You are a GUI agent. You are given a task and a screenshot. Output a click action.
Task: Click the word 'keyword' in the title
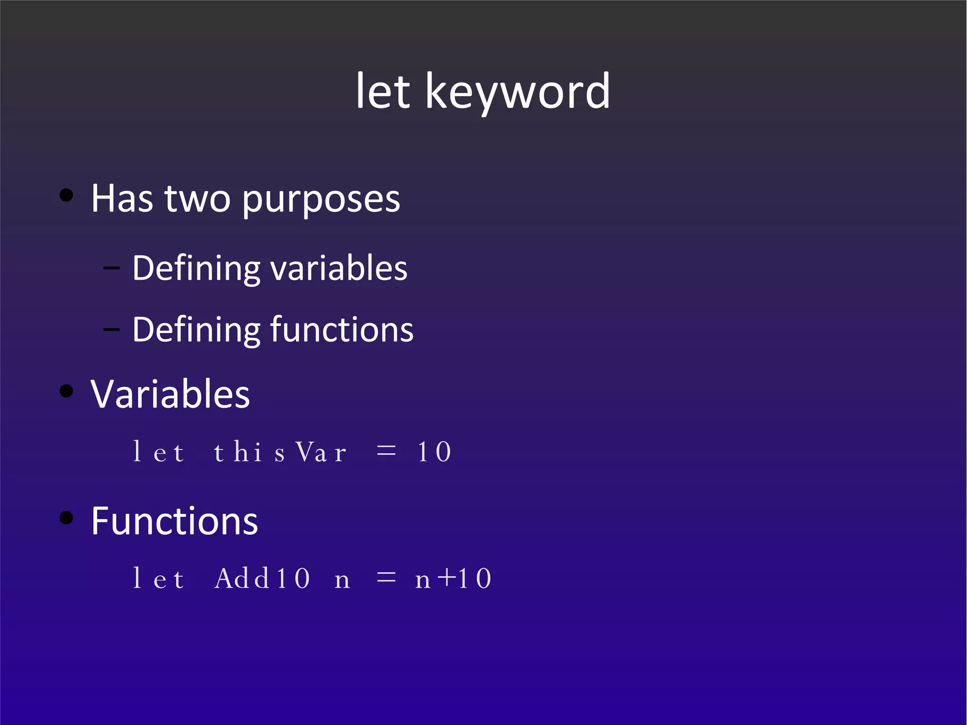point(517,92)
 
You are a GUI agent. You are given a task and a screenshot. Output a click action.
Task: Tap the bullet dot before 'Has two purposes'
point(67,195)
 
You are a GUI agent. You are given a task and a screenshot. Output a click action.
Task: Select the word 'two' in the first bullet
point(197,199)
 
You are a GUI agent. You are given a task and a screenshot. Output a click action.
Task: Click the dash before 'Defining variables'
point(111,268)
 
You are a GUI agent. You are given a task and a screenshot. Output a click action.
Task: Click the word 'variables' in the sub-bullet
point(339,268)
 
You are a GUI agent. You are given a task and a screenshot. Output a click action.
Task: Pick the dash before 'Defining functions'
point(111,330)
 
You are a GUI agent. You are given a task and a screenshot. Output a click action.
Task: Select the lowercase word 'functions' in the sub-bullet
point(342,330)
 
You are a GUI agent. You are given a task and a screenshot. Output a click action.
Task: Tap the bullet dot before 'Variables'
point(67,391)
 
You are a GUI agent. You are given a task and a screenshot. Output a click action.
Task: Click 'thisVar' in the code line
point(280,452)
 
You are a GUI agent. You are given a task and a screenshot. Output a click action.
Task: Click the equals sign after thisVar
point(386,451)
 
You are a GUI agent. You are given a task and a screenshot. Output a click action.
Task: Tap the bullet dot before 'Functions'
point(67,518)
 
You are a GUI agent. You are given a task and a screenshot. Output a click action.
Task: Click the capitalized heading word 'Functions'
point(174,521)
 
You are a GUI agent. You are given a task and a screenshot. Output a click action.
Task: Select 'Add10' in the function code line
point(263,578)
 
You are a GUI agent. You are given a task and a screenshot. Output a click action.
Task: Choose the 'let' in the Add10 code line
point(158,578)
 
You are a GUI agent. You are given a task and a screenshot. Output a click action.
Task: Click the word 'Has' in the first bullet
point(122,199)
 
